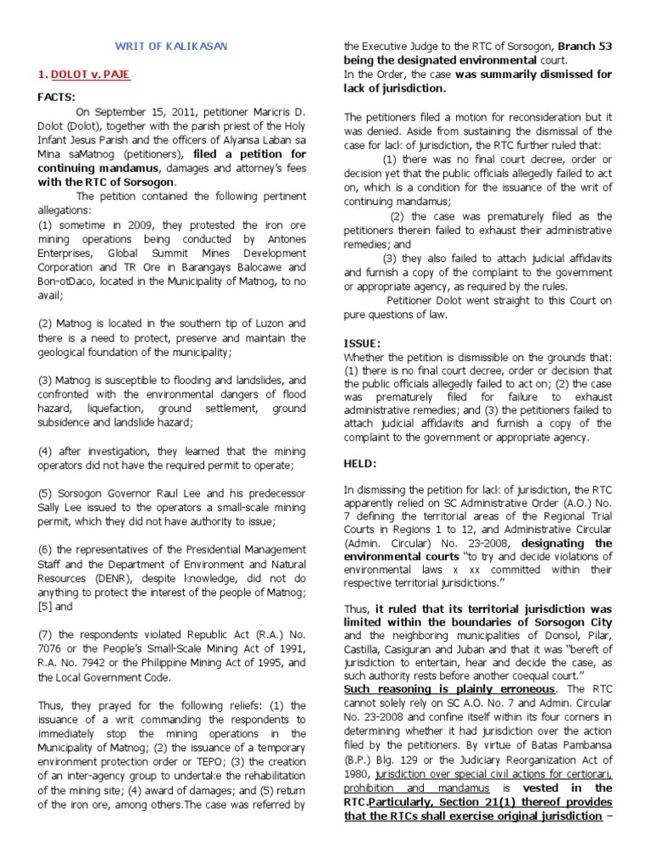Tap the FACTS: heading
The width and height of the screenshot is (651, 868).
click(x=57, y=97)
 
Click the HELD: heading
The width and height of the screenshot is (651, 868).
click(x=360, y=463)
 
